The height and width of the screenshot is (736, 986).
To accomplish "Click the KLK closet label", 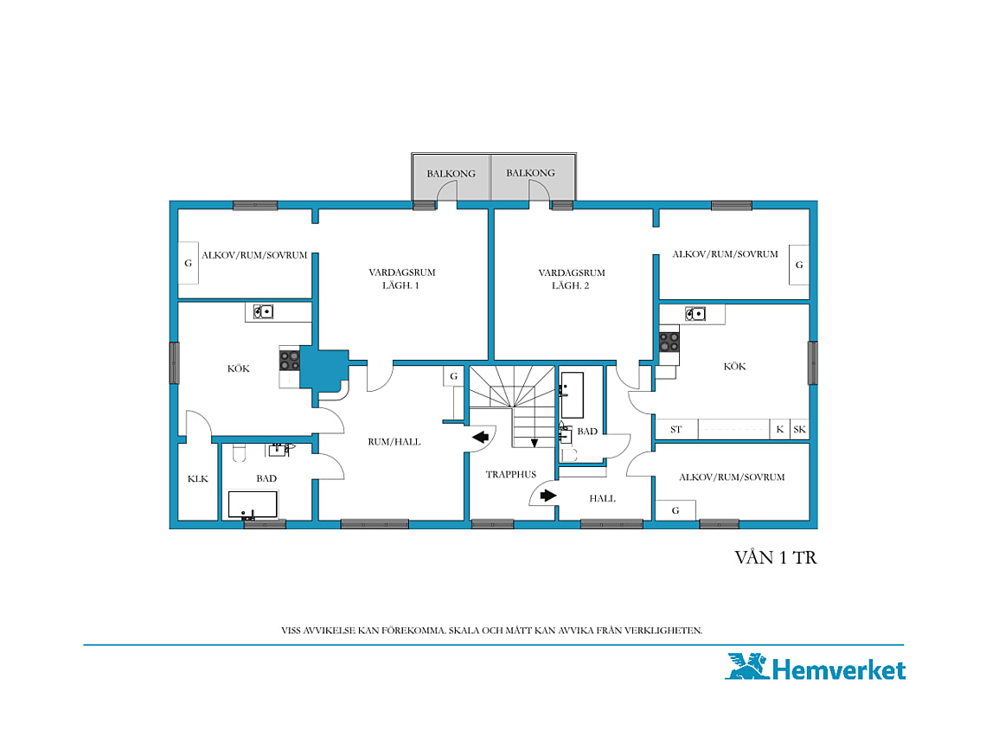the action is pos(197,479).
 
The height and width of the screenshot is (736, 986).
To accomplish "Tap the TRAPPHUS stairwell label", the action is pos(510,474).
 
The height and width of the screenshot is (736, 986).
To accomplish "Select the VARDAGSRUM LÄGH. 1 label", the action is pos(402,278).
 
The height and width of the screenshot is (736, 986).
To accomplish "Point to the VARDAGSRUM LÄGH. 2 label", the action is pos(571,278).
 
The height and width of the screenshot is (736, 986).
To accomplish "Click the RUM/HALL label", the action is pos(394,442).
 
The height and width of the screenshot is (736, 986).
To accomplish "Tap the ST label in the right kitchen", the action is pos(675,430).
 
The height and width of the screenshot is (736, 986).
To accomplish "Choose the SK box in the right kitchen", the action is pos(799,430).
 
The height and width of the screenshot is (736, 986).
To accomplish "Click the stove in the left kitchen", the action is pos(289,361).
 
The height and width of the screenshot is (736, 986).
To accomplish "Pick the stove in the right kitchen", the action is pos(669,342).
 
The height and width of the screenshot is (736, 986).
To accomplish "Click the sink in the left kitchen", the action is pos(263,311).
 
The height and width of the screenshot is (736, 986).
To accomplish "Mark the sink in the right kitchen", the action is pos(695,313).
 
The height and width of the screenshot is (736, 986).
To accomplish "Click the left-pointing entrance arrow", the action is pos(480,438).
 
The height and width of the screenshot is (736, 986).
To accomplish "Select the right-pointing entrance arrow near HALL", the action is pos(547,495).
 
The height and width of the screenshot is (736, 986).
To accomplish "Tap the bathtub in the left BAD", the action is pos(253,504).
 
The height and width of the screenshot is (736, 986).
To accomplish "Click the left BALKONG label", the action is pos(451,174).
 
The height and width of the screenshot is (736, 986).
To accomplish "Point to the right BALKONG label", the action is pos(530,173).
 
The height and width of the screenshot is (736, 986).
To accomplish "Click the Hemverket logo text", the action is pos(839,669).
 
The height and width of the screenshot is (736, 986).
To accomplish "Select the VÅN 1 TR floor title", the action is pos(775,557).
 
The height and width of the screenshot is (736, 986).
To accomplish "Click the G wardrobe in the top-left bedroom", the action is pos(188,263).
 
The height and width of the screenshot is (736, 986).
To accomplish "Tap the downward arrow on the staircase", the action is pos(534,443).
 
